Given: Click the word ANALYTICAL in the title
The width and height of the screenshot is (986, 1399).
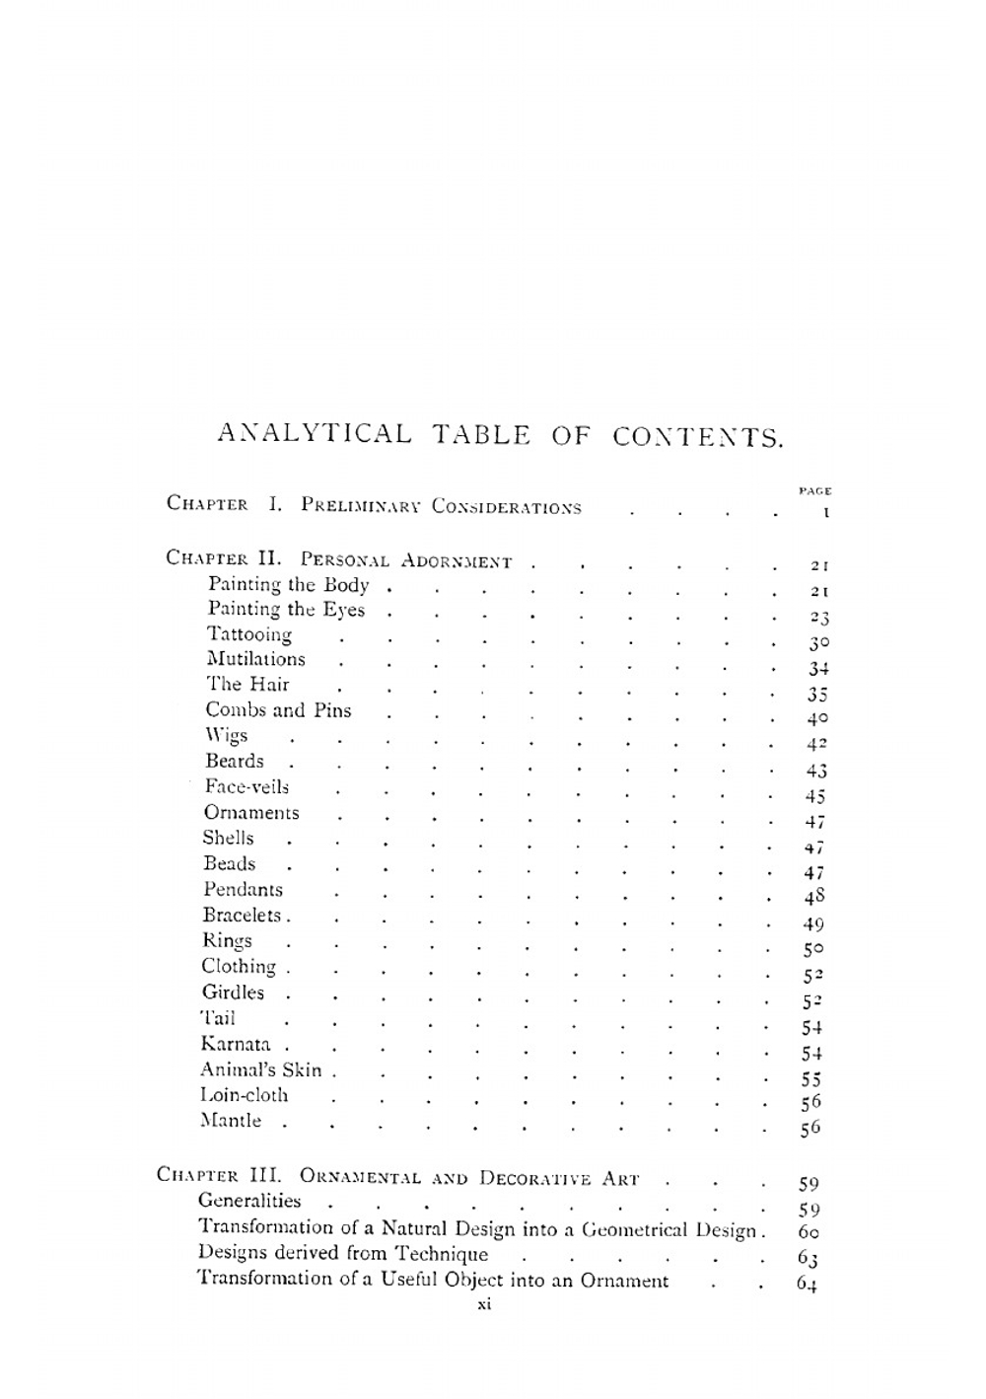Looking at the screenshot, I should [314, 434].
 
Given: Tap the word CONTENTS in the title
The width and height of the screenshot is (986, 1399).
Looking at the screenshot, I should [698, 435].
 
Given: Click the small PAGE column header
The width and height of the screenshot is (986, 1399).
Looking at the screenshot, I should [815, 490].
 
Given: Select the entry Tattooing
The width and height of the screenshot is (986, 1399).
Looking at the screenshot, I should [249, 634].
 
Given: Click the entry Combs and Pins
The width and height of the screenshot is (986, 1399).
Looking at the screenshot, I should [278, 710].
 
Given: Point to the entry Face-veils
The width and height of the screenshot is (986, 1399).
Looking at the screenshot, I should [246, 787].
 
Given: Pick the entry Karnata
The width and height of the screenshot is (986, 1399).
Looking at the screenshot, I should [236, 1044].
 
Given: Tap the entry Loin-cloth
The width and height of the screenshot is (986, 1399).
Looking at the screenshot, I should [245, 1095].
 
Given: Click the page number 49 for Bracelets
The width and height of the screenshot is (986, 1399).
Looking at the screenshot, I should [813, 924].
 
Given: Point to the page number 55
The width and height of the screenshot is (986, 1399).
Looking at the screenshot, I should [811, 1079].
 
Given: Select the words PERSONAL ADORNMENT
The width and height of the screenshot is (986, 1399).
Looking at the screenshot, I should [406, 561].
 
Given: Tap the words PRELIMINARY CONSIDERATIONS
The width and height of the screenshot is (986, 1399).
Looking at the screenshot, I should [441, 507].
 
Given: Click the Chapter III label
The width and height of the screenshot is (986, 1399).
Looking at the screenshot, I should [219, 1176].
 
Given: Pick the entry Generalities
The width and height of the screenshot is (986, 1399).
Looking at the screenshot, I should [249, 1201].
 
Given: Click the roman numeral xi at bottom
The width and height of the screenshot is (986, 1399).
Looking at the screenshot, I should [484, 1304].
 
